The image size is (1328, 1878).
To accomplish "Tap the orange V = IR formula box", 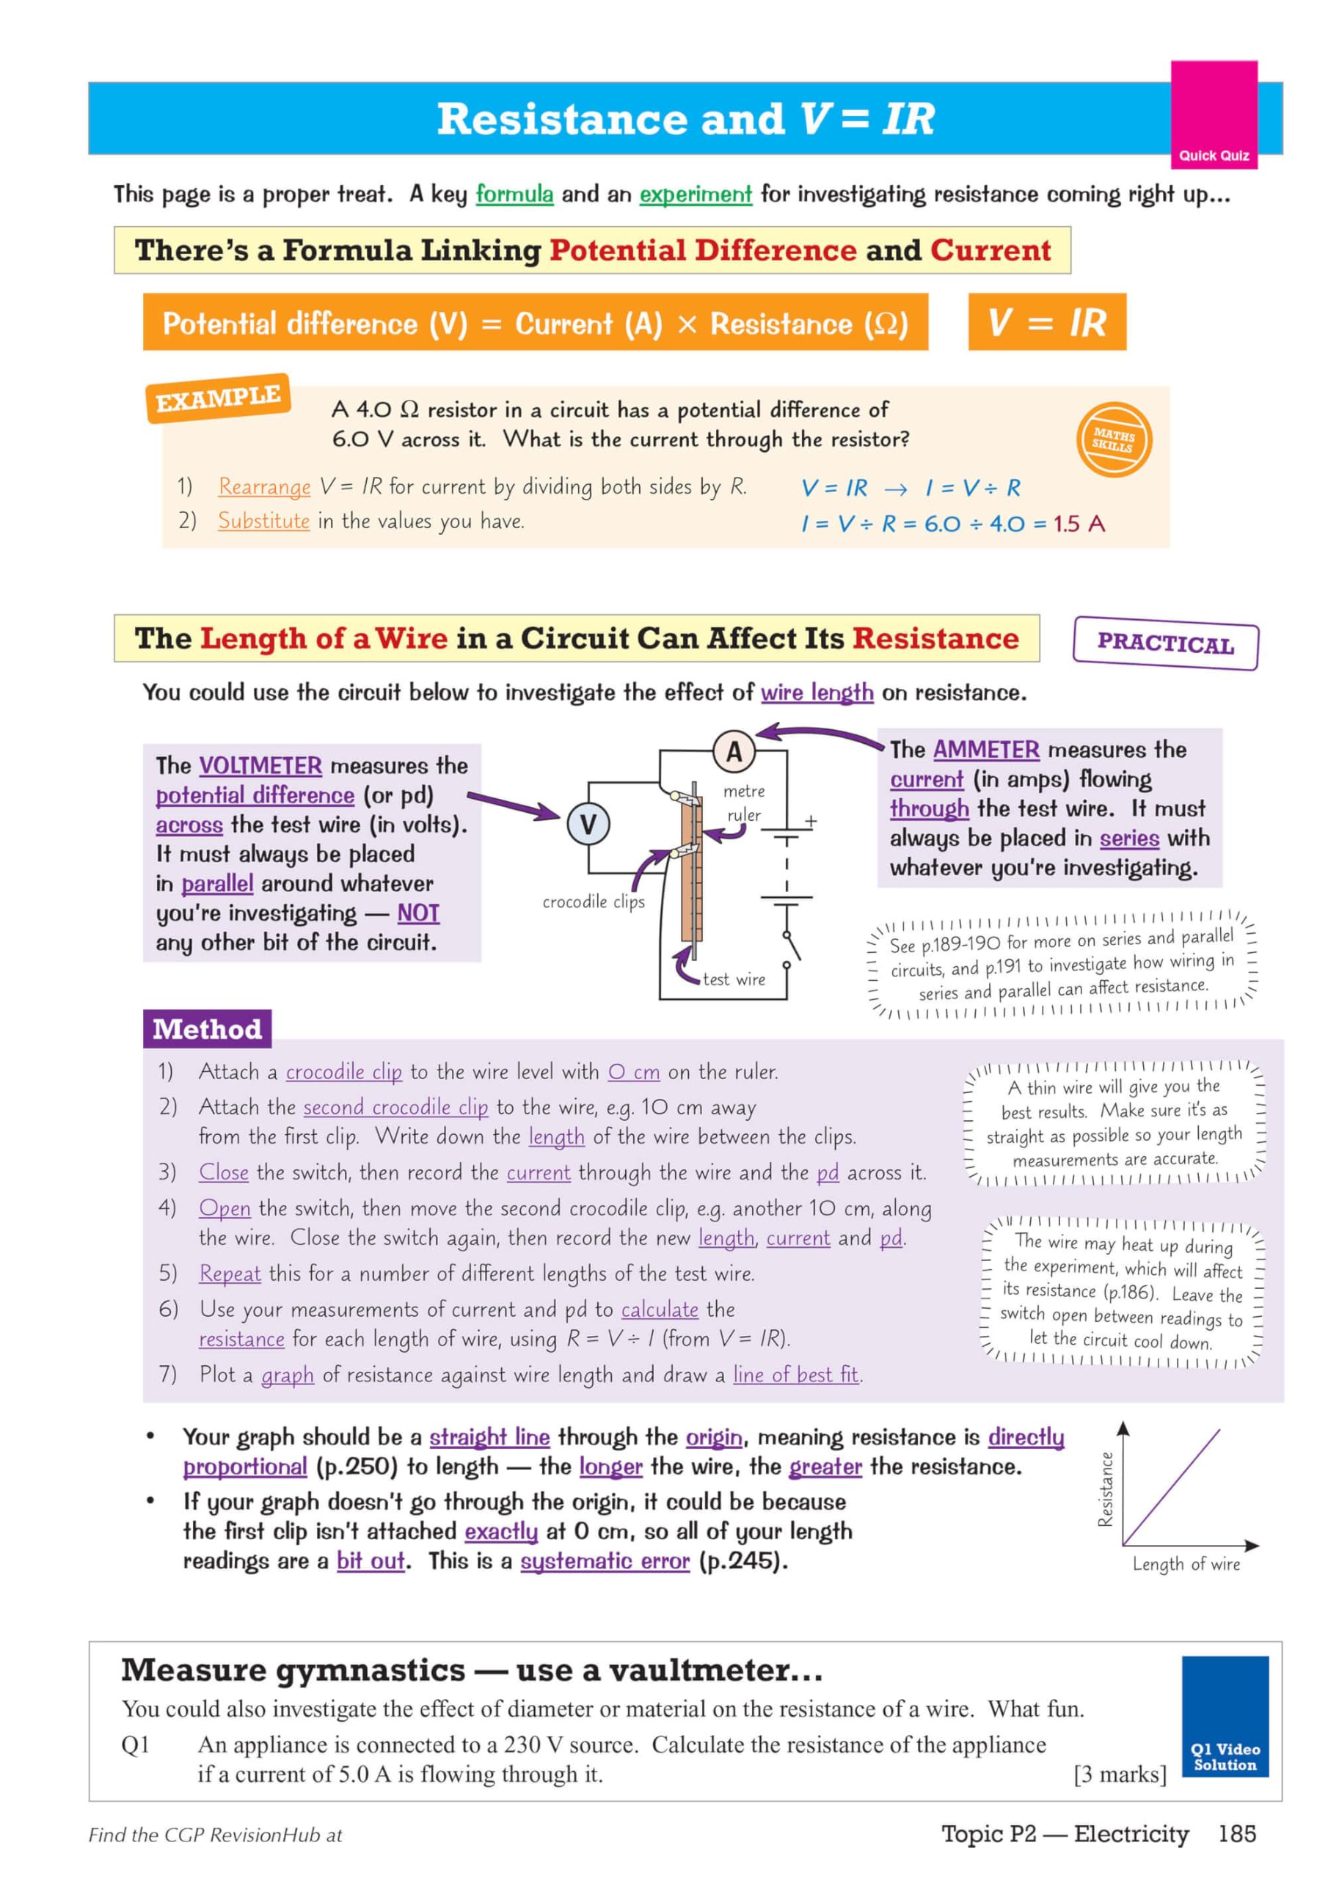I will pos(1046,322).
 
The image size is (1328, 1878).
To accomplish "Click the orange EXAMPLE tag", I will pos(218,398).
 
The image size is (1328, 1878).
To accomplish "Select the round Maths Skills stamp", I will pos(1113,440).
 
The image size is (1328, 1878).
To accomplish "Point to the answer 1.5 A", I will pos(1079,524).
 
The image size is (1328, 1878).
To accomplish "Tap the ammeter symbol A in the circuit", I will pos(734,751).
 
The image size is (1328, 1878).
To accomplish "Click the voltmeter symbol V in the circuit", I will pos(588,824).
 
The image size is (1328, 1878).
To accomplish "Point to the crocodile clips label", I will pos(594,902).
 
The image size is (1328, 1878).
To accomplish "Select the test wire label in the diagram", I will pos(734,979).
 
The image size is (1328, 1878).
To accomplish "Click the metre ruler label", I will pos(744,803).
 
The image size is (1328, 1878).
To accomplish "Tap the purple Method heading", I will pos(207,1029).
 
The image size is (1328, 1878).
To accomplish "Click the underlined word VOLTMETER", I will pos(260,766).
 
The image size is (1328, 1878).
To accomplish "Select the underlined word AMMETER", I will pos(985,749).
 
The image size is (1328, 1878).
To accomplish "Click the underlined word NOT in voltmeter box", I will pos(418,913).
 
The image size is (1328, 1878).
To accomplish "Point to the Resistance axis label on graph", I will pos(1105,1488).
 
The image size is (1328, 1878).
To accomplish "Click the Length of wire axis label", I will pos(1186,1564).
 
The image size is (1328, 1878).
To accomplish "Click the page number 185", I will pos(1236,1834).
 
